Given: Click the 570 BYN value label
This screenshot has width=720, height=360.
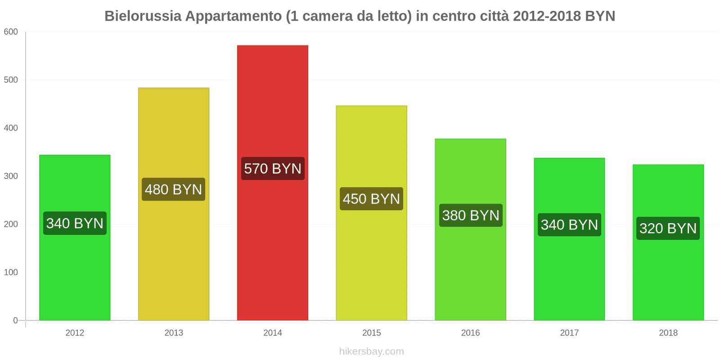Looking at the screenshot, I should tap(273, 169).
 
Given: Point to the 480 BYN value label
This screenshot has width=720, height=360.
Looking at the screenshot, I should tap(174, 189).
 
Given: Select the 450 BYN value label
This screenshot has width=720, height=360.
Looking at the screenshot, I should tap(371, 199).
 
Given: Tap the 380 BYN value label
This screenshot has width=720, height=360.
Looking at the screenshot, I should tap(471, 216).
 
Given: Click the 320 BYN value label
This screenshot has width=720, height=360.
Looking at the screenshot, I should tap(668, 229).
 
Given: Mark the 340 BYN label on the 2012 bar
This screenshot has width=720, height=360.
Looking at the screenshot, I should tap(75, 223).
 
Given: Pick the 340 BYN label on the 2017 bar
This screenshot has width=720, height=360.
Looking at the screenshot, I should tap(569, 225).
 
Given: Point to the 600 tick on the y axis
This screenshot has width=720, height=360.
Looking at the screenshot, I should tap(11, 32).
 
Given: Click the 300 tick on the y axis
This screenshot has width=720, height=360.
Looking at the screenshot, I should tap(11, 176).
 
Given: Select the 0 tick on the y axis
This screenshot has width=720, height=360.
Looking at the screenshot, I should tap(15, 320).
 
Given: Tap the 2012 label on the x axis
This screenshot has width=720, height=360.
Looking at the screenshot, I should tap(75, 333).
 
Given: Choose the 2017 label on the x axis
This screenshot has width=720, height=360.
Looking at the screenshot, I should tap(569, 333).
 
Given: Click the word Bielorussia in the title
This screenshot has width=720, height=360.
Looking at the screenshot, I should tap(143, 16).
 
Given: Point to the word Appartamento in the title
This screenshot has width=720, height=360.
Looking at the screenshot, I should tap(234, 16).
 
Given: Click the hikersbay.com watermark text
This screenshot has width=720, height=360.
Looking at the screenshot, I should tap(371, 351).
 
